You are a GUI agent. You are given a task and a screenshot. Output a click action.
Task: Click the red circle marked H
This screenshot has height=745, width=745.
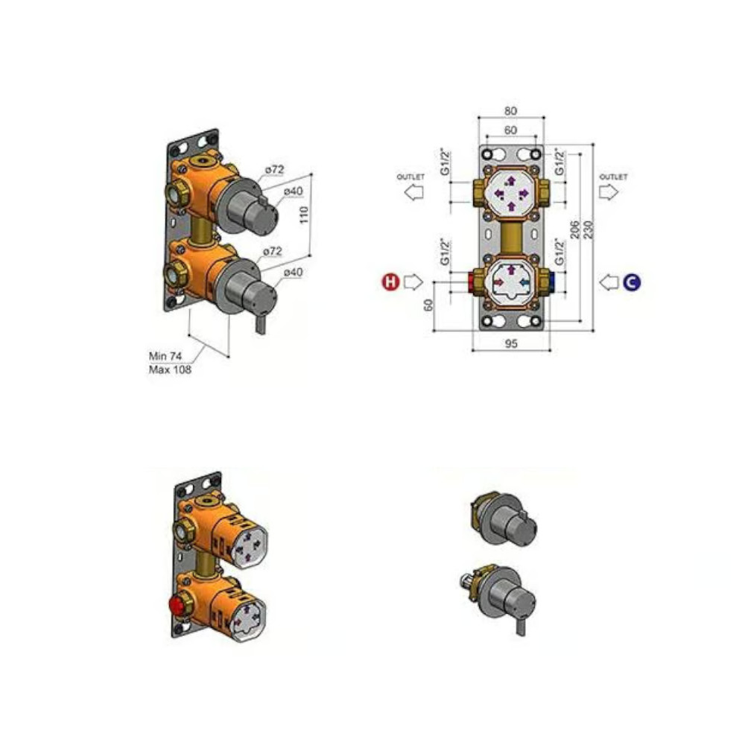[390, 282]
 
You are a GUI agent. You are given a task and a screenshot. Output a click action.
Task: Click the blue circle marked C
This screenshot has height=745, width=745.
[632, 282]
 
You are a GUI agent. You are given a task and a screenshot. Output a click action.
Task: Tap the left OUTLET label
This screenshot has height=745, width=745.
[410, 177]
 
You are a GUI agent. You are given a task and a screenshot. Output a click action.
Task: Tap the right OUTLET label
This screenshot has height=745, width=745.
[613, 177]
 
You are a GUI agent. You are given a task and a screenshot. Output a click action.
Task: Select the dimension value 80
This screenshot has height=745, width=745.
[510, 111]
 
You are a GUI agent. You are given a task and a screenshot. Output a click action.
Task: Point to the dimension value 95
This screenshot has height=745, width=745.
[511, 343]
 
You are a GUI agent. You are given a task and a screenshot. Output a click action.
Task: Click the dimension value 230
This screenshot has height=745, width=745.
[589, 229]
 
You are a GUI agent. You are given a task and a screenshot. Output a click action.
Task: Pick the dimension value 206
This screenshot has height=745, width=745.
[574, 229]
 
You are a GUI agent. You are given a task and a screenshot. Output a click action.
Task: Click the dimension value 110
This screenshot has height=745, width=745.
[304, 215]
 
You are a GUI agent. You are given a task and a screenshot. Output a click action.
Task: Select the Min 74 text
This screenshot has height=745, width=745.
[165, 356]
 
